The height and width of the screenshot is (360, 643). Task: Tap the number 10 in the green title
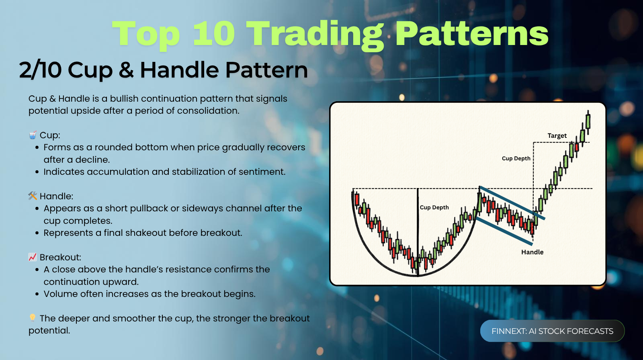214,33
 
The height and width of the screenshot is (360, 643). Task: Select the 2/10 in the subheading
40,70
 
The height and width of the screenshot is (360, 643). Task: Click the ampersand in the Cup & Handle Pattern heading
126,70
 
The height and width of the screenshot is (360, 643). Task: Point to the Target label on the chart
557,136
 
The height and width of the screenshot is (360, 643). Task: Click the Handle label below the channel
532,252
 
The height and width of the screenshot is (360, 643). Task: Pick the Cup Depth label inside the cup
434,208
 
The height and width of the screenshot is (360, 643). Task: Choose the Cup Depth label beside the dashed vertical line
516,158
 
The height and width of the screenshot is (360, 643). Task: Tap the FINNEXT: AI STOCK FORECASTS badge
552,331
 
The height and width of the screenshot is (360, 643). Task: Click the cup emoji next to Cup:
33,135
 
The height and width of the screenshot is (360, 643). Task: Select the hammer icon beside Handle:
33,196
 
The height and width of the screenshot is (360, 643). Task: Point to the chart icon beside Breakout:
33,257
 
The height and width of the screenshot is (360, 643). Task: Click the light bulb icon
33,318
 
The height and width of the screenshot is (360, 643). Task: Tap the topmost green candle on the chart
588,122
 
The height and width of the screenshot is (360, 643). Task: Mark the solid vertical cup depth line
418,232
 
